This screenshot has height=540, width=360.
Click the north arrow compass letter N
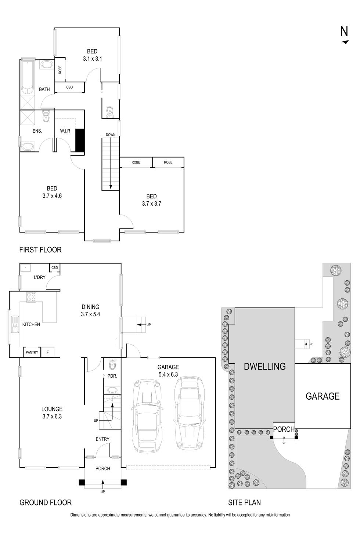344,32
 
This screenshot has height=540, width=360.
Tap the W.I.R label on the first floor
65,131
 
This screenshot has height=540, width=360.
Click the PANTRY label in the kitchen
32,352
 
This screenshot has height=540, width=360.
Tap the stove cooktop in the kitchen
31,297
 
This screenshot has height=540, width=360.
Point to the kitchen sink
15,324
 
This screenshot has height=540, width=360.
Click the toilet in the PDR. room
112,365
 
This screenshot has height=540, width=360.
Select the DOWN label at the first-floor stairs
111,135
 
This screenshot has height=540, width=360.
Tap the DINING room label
90,307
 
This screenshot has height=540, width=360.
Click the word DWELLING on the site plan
264,366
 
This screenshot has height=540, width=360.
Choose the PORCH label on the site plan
284,429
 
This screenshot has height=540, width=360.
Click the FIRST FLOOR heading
40,250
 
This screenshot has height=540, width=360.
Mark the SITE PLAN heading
244,503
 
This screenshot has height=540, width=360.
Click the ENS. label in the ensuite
37,131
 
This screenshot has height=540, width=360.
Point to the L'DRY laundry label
39,277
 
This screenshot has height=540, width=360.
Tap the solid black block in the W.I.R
80,140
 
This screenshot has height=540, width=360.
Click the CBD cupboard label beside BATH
69,87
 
